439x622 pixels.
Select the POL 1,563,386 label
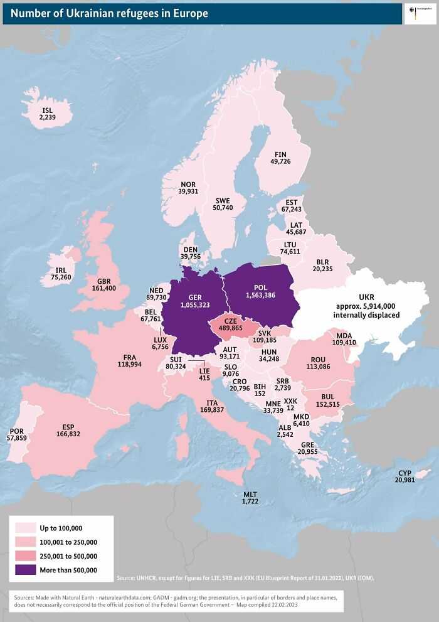[x=260, y=291]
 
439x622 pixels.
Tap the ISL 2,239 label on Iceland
[x=48, y=114]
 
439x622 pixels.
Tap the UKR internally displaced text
[x=366, y=306]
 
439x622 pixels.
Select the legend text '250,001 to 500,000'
[x=68, y=556]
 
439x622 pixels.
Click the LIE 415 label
[x=204, y=374]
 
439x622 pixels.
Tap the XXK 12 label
[x=290, y=404]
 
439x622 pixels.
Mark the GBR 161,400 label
[x=103, y=284]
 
